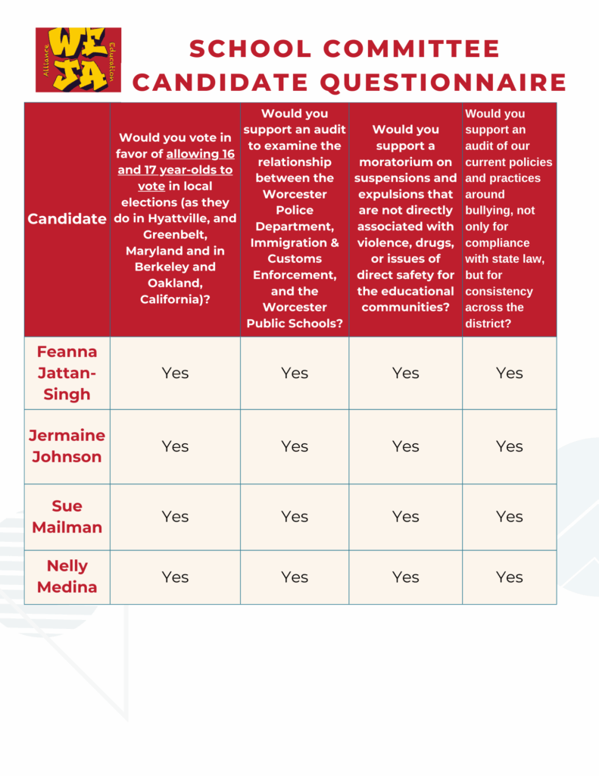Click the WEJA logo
click(x=78, y=60)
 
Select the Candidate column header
click(x=67, y=219)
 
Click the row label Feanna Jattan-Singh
click(x=67, y=373)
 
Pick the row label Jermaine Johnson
click(x=67, y=446)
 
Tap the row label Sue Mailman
click(x=67, y=516)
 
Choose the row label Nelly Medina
click(x=67, y=577)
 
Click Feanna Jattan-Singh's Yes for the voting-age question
click(x=175, y=373)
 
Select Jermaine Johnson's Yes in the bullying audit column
click(x=509, y=446)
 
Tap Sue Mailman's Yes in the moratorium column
click(x=405, y=516)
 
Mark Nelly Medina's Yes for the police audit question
click(x=294, y=577)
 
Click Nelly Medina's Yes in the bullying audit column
click(x=509, y=577)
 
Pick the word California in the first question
click(x=172, y=299)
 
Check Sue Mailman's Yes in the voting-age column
click(x=175, y=516)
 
